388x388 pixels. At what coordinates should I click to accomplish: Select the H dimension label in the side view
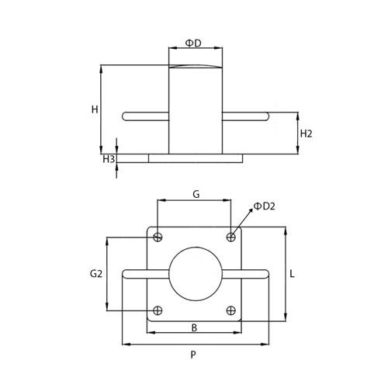tap(94, 109)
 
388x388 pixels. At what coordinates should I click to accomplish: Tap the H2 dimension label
tap(306, 133)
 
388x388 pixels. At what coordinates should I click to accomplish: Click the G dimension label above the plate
tap(196, 194)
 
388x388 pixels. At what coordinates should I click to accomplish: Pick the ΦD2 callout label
tap(265, 206)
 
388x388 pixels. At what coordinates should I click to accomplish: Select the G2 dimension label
tap(96, 273)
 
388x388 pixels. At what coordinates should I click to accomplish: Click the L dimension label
tap(292, 274)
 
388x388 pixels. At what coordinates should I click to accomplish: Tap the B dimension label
tap(194, 327)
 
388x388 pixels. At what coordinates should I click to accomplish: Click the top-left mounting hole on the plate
tap(158, 237)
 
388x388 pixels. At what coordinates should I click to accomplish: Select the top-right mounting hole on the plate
tap(230, 237)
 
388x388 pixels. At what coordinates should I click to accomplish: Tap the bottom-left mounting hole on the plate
tap(158, 310)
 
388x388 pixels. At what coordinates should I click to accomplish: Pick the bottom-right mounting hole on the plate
tap(230, 310)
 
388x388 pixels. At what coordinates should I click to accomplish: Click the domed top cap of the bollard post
tap(195, 68)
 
